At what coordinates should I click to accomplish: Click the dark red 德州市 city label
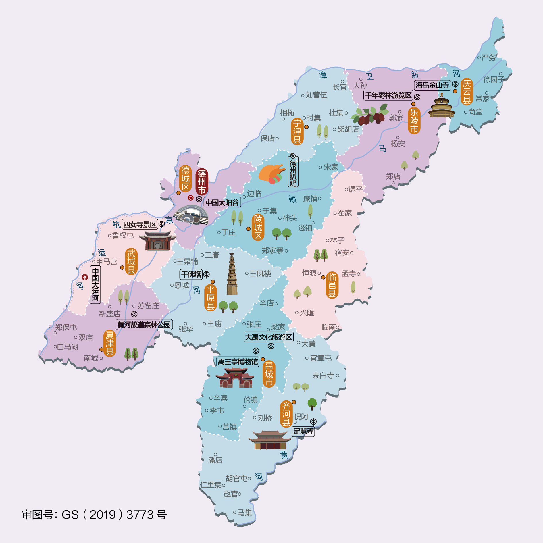[x=202, y=182]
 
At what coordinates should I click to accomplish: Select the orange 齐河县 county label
[x=286, y=414]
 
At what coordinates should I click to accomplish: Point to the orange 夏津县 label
[x=110, y=343]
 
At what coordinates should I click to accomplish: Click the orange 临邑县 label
[x=332, y=285]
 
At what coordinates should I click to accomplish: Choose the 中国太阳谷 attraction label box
[x=222, y=203]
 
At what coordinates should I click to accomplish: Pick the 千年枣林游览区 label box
[x=388, y=95]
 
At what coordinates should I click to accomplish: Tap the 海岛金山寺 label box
[x=432, y=85]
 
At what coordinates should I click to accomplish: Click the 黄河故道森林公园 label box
[x=144, y=325]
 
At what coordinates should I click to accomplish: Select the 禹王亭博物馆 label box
[x=238, y=362]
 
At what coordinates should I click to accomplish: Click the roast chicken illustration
[x=271, y=174]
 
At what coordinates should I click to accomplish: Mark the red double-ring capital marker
[x=190, y=198]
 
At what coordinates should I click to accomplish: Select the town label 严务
[x=489, y=58]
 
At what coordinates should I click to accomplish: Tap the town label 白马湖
[x=68, y=347]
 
